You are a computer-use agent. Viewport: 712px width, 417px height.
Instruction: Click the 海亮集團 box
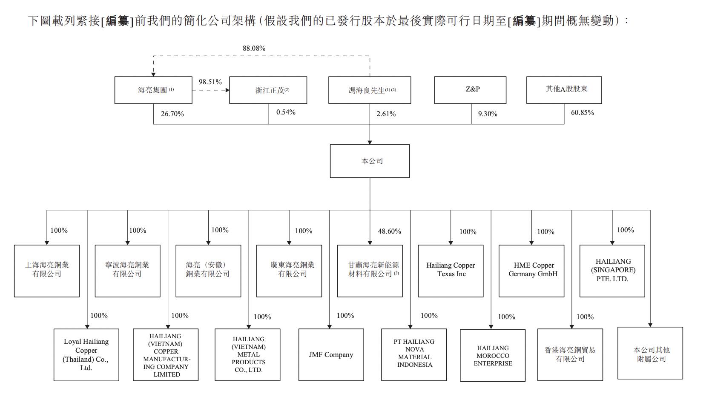click(153, 90)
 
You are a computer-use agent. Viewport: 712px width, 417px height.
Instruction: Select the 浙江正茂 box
click(268, 90)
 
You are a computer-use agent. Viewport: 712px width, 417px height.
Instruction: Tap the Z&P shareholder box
click(470, 90)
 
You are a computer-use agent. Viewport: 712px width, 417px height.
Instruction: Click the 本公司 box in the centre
click(370, 161)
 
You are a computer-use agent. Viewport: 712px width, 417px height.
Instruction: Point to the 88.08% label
click(254, 49)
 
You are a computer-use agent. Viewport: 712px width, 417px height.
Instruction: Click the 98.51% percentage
click(210, 82)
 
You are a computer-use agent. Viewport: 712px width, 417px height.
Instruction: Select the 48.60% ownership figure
click(389, 231)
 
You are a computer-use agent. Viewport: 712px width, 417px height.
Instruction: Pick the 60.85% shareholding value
click(582, 113)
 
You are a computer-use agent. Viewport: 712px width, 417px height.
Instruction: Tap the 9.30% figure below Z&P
click(488, 114)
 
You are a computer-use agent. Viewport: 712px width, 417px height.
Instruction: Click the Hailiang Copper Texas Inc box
click(451, 271)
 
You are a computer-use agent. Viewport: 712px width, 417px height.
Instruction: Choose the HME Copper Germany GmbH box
click(531, 271)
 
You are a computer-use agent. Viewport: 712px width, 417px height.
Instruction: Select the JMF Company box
click(331, 354)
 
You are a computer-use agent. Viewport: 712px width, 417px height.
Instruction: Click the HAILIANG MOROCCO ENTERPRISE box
click(493, 355)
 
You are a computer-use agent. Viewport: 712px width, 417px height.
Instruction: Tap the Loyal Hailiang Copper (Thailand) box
click(86, 354)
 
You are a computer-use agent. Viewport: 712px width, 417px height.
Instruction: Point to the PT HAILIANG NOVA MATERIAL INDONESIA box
click(414, 354)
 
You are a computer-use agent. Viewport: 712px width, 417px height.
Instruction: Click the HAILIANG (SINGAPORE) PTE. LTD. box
click(612, 271)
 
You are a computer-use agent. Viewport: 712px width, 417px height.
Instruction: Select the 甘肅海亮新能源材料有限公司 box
click(370, 271)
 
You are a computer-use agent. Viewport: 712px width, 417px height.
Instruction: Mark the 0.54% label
click(286, 112)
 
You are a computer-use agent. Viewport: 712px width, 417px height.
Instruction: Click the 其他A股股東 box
click(564, 90)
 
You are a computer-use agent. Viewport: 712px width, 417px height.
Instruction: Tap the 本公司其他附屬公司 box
click(650, 353)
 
